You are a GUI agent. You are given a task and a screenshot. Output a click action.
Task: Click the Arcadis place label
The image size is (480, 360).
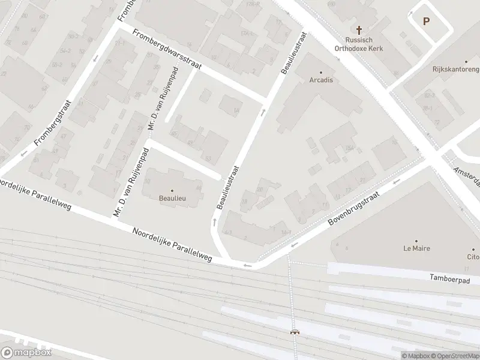coord(321,80)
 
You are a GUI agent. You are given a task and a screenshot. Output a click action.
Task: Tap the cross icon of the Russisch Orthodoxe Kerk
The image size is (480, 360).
coord(359,29)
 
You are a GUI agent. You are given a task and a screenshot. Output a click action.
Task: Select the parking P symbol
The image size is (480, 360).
coord(427,22)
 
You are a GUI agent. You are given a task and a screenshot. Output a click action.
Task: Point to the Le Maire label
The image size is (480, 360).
coord(416,248)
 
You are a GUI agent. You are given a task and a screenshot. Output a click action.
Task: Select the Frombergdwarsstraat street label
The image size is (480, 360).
coord(167,49)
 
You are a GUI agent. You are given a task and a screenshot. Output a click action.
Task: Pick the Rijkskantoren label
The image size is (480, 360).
coord(455,69)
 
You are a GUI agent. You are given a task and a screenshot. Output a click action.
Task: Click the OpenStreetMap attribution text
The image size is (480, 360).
coord(455,356)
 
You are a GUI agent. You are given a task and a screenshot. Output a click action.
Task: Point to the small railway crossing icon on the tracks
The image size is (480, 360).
coord(294,331)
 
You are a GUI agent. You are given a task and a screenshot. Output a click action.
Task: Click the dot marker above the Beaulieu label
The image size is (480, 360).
coord(172,190)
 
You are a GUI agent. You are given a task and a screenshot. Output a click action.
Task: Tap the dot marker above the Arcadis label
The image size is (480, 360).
coord(321,71)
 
